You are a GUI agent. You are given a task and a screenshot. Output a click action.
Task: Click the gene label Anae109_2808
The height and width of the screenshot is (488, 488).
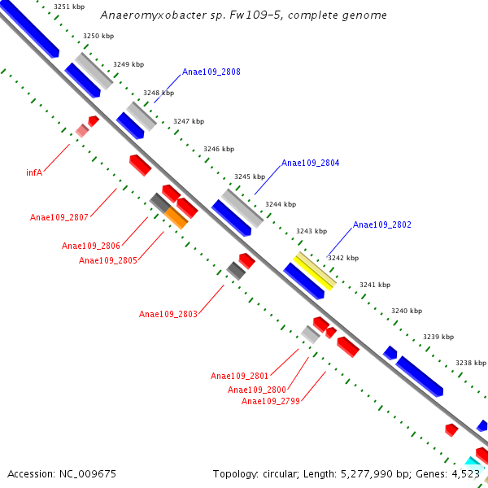pos(211,72)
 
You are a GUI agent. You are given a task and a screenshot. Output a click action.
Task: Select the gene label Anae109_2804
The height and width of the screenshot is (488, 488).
pos(310,163)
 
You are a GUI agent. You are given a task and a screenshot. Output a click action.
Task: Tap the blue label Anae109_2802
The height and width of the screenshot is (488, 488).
pos(381,224)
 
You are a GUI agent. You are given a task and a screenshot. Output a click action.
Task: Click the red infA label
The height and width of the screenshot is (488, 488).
pos(34,172)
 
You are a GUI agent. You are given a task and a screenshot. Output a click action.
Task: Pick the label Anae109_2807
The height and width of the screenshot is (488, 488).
pos(59,217)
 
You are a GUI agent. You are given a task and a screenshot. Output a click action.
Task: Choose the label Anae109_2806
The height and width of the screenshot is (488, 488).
pos(90,246)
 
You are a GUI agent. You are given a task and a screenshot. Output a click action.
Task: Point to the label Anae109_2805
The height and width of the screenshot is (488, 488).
pos(107,260)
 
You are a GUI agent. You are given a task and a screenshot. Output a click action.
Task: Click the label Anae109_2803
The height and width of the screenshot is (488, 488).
pos(168,314)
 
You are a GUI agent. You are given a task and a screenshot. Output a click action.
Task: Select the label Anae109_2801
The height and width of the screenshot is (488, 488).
pos(239,376)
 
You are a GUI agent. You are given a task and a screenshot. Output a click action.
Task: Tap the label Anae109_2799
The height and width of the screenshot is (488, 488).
pos(270,401)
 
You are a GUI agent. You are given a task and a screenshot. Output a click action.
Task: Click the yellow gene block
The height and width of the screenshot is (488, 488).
pos(314,270)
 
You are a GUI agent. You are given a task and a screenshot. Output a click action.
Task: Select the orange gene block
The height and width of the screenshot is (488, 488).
pos(176,217)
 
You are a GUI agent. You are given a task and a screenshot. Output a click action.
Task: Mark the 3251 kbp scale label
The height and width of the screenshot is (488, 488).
pos(68,7)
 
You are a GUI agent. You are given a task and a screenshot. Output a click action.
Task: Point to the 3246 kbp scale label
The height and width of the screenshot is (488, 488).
pos(219,149)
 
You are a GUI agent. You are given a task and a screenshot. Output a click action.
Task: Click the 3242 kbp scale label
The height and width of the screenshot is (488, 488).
pos(342,258)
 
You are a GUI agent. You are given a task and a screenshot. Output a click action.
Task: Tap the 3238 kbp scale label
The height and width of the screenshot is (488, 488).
pos(470,363)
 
